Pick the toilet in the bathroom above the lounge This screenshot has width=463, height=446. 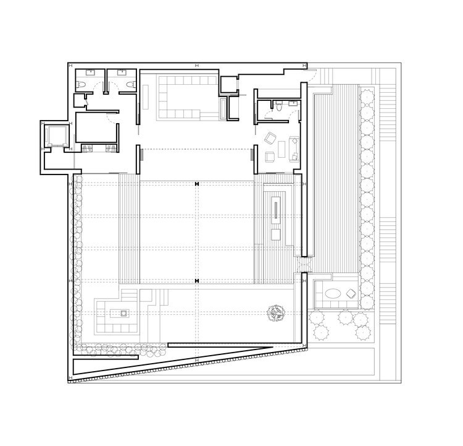280,108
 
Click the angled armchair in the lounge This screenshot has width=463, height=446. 271,137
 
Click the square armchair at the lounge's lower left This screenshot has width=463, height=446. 269,157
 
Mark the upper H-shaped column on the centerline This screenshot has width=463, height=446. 196,184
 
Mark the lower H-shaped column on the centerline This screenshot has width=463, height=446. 196,281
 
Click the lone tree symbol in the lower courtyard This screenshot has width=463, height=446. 275,314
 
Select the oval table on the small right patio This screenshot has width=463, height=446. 334,294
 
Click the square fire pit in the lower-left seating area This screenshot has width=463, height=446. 123,314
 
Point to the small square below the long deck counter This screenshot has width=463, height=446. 276,235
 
